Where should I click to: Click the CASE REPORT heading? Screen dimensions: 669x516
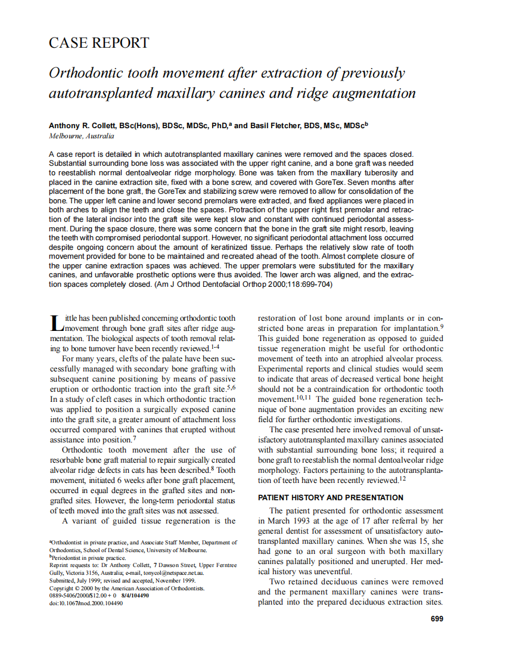coord(99,43)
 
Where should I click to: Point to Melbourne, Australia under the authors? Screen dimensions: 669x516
coord(81,136)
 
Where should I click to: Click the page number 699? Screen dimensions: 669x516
coord(437,619)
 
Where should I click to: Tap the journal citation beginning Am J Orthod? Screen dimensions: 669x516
coord(244,284)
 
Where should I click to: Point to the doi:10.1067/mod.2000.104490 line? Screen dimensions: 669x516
coord(86,603)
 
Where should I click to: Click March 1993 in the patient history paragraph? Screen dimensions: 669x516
coord(279,521)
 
